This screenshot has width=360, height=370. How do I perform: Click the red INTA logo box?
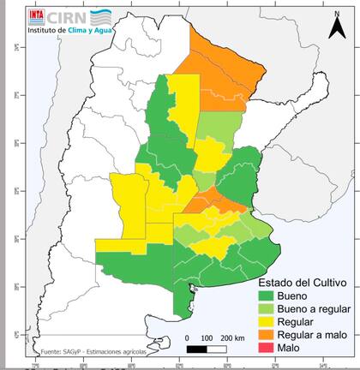click(x=38, y=15)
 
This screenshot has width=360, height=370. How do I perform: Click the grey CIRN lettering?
click(x=67, y=15)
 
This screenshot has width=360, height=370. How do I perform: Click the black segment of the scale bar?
click(x=196, y=349)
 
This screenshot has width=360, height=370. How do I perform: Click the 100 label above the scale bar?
click(x=207, y=338)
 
